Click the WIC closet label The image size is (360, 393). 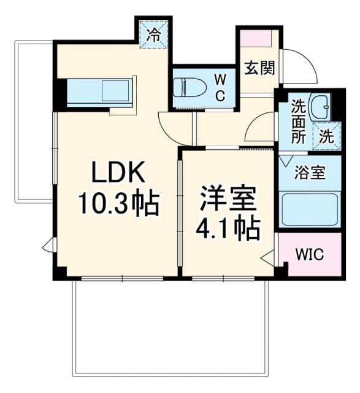(309, 254)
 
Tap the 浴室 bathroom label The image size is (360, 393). (309, 173)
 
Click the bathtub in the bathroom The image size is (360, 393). (309, 209)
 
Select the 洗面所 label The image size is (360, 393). (299, 121)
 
